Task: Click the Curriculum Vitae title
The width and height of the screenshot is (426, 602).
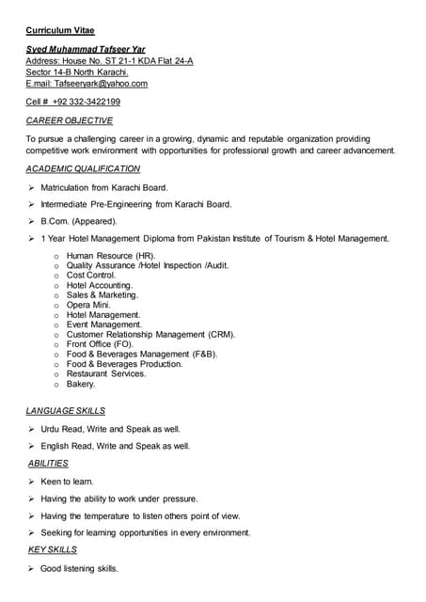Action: pyautogui.click(x=60, y=30)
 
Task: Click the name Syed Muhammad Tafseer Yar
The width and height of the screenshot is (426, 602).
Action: pyautogui.click(x=86, y=49)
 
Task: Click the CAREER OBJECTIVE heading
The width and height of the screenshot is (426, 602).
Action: pyautogui.click(x=70, y=121)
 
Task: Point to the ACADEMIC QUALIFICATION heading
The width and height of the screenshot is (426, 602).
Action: pyautogui.click(x=84, y=168)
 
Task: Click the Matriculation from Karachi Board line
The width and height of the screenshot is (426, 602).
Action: pyautogui.click(x=104, y=187)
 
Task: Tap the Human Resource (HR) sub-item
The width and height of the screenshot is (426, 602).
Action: pyautogui.click(x=111, y=255)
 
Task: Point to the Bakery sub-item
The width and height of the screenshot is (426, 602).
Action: pyautogui.click(x=81, y=384)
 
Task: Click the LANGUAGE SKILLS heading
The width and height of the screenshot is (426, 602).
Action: pyautogui.click(x=66, y=411)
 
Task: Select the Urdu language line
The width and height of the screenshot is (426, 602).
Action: pyautogui.click(x=111, y=429)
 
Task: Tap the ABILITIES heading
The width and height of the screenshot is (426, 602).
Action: pyautogui.click(x=48, y=464)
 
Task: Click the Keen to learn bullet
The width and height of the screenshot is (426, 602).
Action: pyautogui.click(x=67, y=482)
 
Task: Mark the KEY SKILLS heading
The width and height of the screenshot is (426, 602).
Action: pyautogui.click(x=53, y=549)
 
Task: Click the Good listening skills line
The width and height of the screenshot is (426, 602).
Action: pyautogui.click(x=80, y=569)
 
